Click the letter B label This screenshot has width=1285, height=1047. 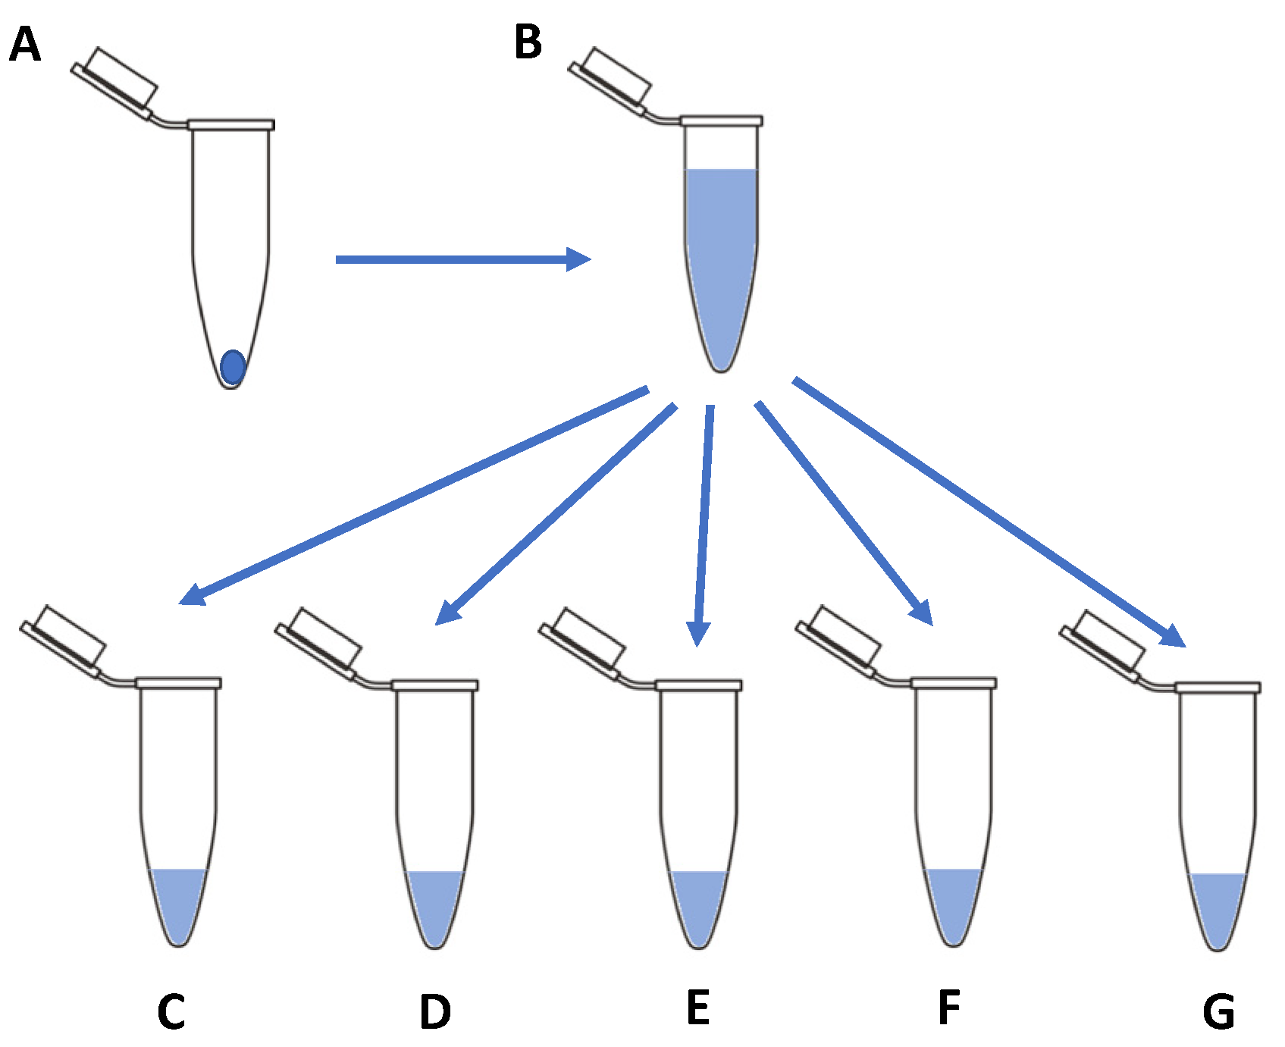(x=528, y=42)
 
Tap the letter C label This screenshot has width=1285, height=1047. (x=171, y=1011)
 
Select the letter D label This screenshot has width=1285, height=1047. (x=435, y=1011)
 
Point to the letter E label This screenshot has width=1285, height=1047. (x=697, y=1008)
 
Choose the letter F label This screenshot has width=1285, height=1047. (x=949, y=1008)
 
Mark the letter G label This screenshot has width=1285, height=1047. (x=1218, y=1012)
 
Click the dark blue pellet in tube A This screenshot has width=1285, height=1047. (x=233, y=367)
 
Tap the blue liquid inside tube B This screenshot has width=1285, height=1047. (x=720, y=250)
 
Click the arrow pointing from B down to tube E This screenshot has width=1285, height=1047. (x=704, y=523)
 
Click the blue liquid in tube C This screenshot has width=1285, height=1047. (x=178, y=902)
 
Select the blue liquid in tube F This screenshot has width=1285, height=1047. (x=953, y=902)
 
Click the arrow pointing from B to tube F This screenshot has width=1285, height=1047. (x=842, y=512)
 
